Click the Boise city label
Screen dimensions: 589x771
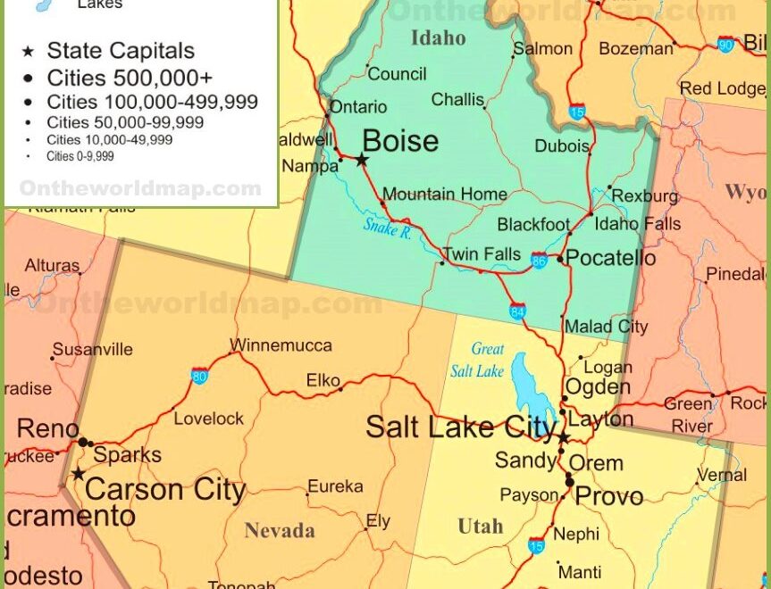[x=400, y=141]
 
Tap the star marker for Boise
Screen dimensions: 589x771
[x=362, y=160]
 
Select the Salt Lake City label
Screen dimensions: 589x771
[x=461, y=427]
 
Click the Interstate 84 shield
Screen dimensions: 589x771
[x=518, y=311]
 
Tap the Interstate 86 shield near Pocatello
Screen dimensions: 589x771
[x=539, y=260]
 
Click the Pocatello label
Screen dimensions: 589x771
[x=612, y=259]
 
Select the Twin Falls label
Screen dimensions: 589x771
[x=482, y=254]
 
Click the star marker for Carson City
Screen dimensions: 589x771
[x=79, y=473]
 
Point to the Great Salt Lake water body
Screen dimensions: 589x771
[x=527, y=384]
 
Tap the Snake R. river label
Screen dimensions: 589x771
[x=387, y=228]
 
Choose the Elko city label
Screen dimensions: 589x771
[x=323, y=380]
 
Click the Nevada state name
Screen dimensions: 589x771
[x=280, y=531]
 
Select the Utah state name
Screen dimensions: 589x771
[x=481, y=527]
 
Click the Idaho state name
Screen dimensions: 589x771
[x=438, y=37]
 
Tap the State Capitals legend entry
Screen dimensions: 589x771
[x=121, y=51]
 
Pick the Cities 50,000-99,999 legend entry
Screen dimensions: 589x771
[x=125, y=122]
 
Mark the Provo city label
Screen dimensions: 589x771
[x=608, y=496]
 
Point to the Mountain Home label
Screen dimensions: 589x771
[x=445, y=194]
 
